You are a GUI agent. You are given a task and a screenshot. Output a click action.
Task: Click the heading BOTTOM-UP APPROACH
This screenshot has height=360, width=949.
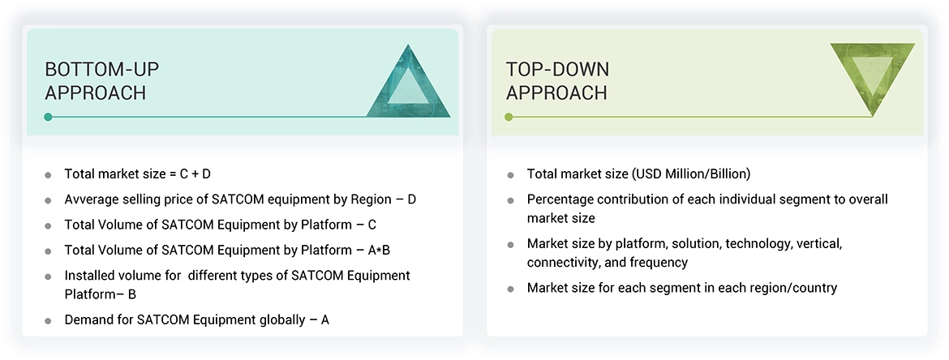coord(101,81)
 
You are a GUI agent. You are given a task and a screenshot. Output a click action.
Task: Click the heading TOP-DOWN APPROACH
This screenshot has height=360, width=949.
coord(557,81)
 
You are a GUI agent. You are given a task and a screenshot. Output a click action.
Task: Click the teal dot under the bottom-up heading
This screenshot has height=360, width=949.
coord(49,117)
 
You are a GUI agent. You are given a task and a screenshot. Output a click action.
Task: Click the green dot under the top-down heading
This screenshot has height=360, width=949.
coord(509,117)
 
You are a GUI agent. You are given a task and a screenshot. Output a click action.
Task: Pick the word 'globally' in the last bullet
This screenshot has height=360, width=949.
coord(284,320)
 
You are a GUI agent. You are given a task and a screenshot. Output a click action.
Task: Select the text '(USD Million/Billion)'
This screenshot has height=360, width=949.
coord(691,174)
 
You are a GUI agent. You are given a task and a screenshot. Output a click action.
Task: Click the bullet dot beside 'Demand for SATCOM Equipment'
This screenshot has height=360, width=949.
coord(49,321)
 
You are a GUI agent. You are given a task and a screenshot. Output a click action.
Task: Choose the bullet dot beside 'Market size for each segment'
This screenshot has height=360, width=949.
coord(511,289)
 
